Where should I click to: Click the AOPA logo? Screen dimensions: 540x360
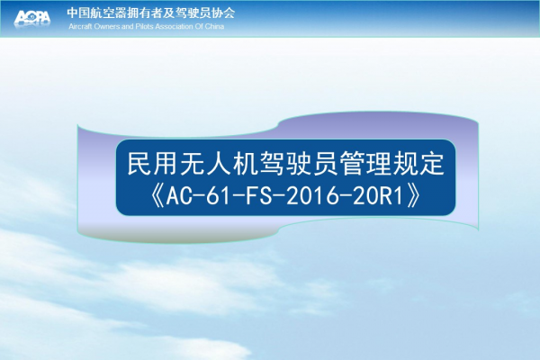point(32,17)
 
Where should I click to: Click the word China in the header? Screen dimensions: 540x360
point(214,26)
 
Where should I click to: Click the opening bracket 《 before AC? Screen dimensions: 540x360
point(158,196)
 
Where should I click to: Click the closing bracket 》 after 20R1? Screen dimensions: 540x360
point(413,196)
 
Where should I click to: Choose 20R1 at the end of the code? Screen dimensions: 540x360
point(378,196)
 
